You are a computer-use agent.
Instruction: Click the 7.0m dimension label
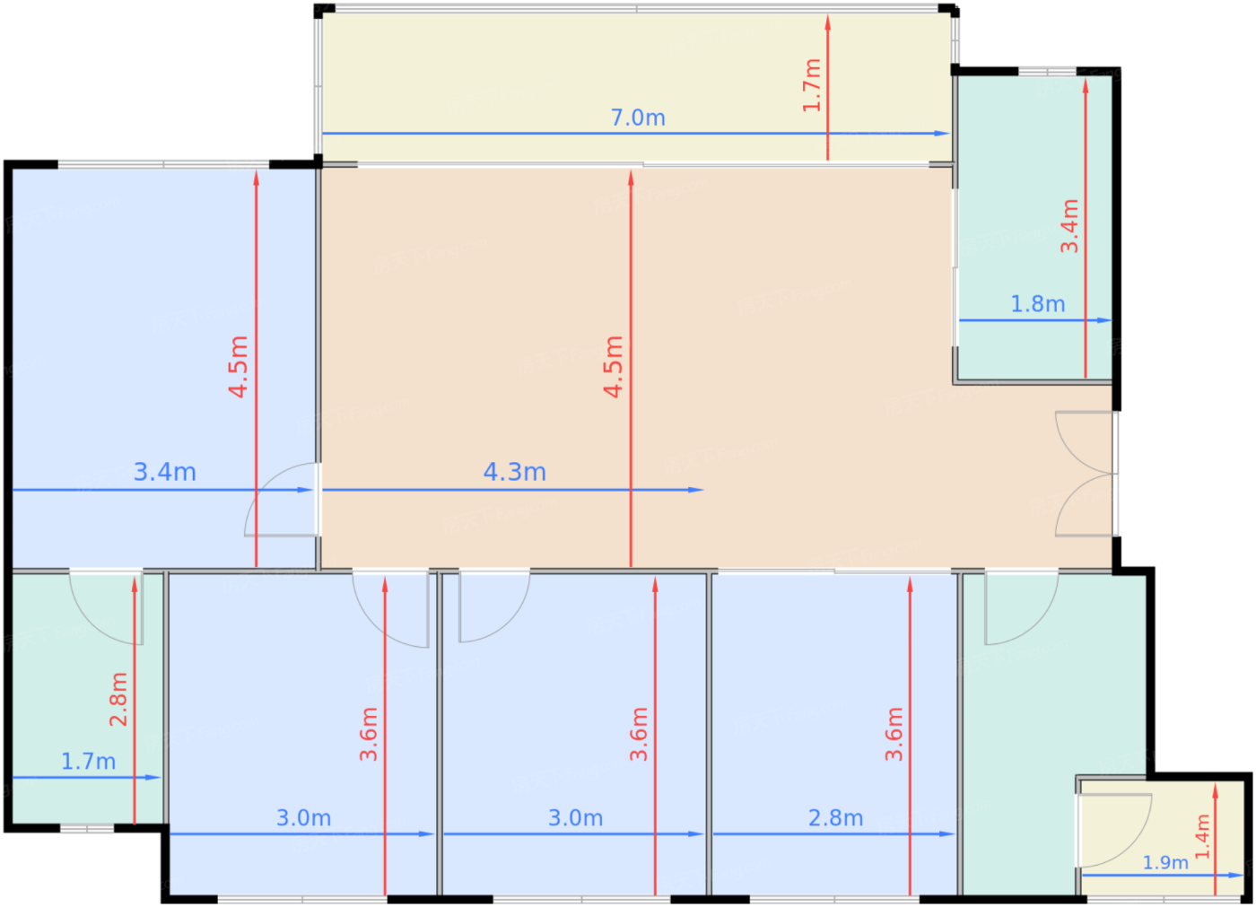pyautogui.click(x=638, y=118)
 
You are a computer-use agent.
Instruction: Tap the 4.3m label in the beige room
pyautogui.click(x=514, y=472)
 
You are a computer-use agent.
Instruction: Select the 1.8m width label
pyautogui.click(x=1037, y=304)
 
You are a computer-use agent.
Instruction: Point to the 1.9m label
pyautogui.click(x=1165, y=862)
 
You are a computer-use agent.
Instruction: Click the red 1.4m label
pyautogui.click(x=1202, y=837)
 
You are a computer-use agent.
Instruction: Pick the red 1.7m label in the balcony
pyautogui.click(x=811, y=85)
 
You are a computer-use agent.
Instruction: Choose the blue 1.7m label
pyautogui.click(x=88, y=762)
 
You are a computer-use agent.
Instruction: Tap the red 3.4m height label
pyautogui.click(x=1069, y=226)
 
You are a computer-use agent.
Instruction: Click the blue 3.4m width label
pyautogui.click(x=164, y=472)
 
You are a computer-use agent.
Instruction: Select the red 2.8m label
pyautogui.click(x=118, y=700)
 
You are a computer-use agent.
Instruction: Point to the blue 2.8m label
pyautogui.click(x=835, y=818)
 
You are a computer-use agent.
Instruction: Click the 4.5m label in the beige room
pyautogui.click(x=614, y=367)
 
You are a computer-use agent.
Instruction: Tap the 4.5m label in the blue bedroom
pyautogui.click(x=239, y=367)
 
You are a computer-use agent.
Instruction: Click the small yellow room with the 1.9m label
pyautogui.click(x=1162, y=838)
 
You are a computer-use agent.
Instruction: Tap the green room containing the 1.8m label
pyautogui.click(x=1035, y=227)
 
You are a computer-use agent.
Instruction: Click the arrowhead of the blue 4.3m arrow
pyautogui.click(x=696, y=490)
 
